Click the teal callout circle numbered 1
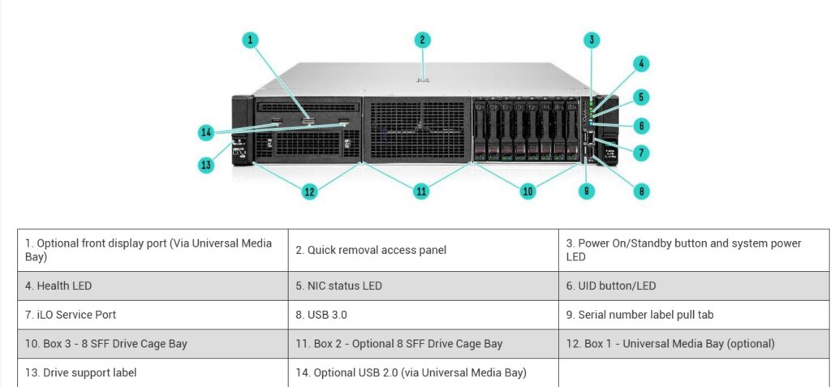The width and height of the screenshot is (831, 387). pos(250,41)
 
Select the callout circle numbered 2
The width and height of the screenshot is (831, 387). pos(422,41)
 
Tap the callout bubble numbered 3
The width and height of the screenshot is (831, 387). pos(592,40)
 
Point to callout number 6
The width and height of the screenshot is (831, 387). pos(641,126)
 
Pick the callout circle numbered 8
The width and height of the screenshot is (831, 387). pos(641,191)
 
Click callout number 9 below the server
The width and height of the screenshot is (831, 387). pos(586,191)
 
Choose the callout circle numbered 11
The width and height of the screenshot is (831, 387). pos(421,191)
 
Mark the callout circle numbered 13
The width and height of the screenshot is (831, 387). pos(206,165)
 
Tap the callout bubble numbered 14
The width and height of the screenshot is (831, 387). pos(206,132)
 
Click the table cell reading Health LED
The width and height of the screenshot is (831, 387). pos(153,286)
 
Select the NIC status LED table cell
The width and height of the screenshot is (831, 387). pos(424,286)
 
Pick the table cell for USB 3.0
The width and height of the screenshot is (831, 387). pos(424,315)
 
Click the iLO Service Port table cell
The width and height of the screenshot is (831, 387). pos(153,315)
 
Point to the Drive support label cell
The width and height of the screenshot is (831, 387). pos(153,372)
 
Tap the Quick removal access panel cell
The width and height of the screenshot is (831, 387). pos(424,250)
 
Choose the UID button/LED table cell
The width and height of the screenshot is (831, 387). pos(695,286)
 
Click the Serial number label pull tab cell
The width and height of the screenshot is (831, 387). pos(695,315)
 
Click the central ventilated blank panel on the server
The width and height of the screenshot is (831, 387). pos(417,129)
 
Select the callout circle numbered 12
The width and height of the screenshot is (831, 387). pos(309,191)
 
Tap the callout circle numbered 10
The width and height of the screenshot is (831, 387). pos(527,191)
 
